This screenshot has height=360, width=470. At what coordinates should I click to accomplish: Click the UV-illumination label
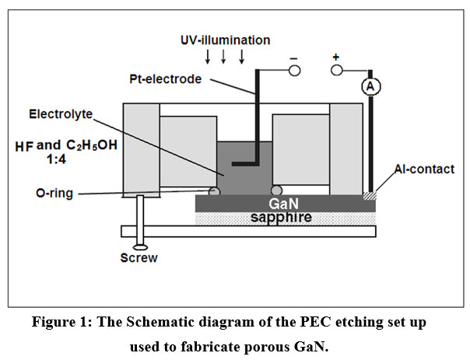pyautogui.click(x=223, y=39)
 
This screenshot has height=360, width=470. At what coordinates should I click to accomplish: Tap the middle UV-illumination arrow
pyautogui.click(x=224, y=56)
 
